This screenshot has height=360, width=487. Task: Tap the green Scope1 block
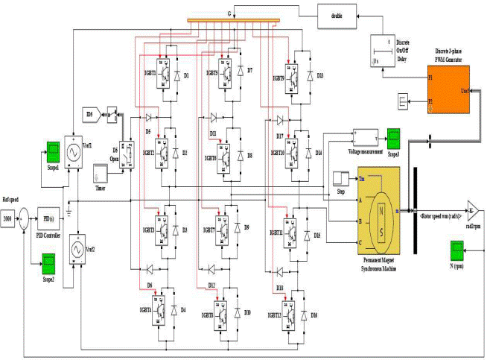[x=53, y=149]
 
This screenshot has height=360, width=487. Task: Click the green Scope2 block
[x=49, y=262]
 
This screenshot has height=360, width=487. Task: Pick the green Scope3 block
[x=392, y=138]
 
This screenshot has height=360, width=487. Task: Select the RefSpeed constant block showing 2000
[x=8, y=220]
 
